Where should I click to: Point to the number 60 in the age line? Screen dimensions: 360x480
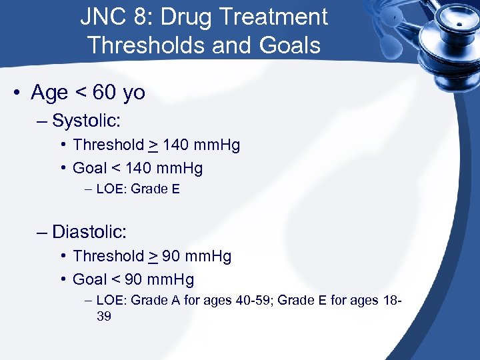coord(105,93)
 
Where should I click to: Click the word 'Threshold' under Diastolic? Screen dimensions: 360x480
coord(109,256)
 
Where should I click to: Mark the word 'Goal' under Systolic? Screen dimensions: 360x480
coord(90,168)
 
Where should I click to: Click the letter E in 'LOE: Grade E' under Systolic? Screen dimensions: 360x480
coord(175,189)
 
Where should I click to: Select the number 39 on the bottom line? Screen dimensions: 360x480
coord(104,317)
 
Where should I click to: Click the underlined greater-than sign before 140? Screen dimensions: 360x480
coord(153,145)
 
